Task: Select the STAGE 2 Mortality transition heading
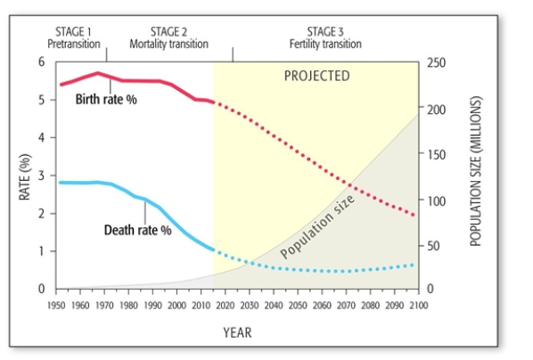click(168, 37)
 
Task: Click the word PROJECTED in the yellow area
click(316, 76)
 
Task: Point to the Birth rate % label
click(105, 98)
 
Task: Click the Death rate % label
click(137, 230)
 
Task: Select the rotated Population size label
click(318, 227)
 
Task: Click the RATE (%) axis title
click(26, 176)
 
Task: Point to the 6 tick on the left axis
click(39, 61)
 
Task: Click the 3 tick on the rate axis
click(39, 176)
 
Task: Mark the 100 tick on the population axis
click(437, 199)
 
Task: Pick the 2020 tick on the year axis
click(225, 305)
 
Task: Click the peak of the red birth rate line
click(97, 73)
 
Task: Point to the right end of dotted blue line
click(413, 265)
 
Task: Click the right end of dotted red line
click(413, 214)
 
